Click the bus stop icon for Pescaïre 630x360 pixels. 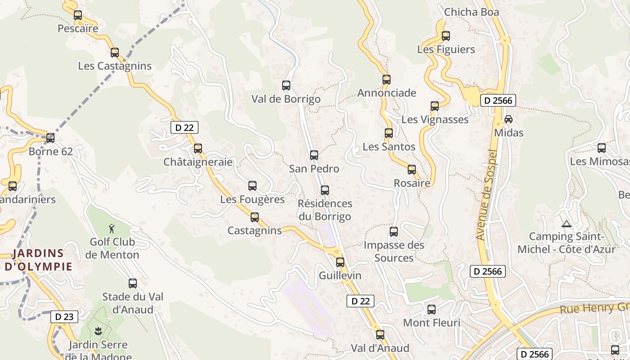pyautogui.click(x=78, y=15)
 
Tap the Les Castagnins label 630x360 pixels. pyautogui.click(x=115, y=66)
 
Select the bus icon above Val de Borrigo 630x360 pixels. pyautogui.click(x=286, y=85)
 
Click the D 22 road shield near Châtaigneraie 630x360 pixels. pyautogui.click(x=184, y=127)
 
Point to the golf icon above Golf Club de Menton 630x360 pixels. pyautogui.click(x=112, y=229)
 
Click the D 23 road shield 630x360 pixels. pyautogui.click(x=64, y=317)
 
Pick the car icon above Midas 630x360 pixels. pyautogui.click(x=508, y=119)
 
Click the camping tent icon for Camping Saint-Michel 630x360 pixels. pyautogui.click(x=567, y=224)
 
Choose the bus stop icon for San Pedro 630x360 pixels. pyautogui.click(x=314, y=155)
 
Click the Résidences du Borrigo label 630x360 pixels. pyautogui.click(x=325, y=210)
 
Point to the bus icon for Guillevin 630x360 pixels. pyautogui.click(x=340, y=262)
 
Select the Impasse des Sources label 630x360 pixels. pyautogui.click(x=394, y=252)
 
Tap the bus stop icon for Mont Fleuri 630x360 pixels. pyautogui.click(x=432, y=310)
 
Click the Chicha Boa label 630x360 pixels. pyautogui.click(x=472, y=12)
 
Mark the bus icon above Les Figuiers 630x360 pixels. pyautogui.click(x=446, y=36)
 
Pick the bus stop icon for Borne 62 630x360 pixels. pyautogui.click(x=50, y=138)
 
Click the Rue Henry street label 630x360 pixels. pyautogui.click(x=593, y=308)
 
